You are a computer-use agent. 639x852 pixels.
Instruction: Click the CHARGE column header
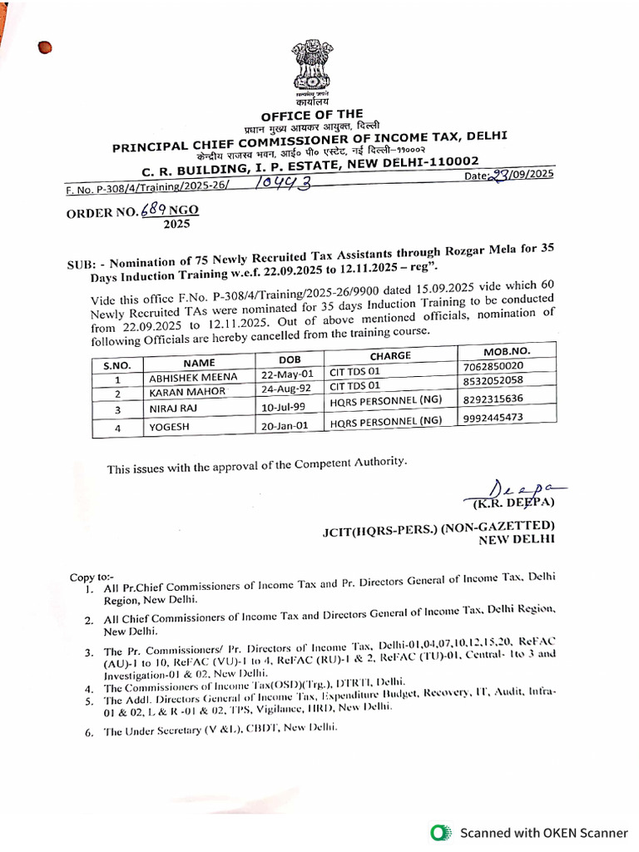click(390, 355)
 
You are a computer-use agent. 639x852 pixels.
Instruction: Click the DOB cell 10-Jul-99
click(279, 409)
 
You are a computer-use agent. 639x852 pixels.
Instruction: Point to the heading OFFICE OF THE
click(312, 115)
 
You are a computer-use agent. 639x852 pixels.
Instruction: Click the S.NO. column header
click(117, 364)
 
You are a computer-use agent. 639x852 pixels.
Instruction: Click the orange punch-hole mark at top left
click(45, 48)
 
